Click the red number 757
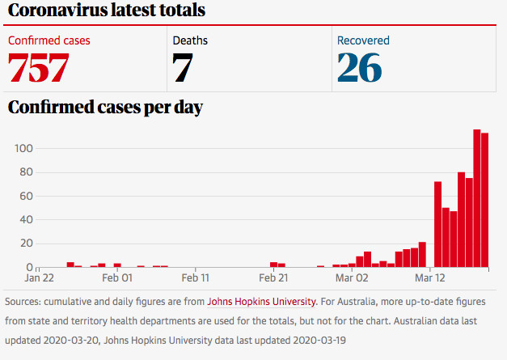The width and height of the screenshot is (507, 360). [x=39, y=68]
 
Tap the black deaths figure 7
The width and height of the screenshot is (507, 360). [x=183, y=68]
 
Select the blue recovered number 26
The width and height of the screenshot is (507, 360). [x=360, y=68]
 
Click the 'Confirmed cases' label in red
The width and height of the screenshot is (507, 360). [x=49, y=40]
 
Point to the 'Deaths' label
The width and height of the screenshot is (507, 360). [x=190, y=40]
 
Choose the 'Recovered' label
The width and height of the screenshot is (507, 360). [x=363, y=40]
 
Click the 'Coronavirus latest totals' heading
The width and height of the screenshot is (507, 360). [x=107, y=10]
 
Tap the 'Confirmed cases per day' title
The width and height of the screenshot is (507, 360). [x=105, y=108]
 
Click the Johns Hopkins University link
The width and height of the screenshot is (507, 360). [x=261, y=302]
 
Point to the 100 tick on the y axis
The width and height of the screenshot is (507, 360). [x=23, y=149]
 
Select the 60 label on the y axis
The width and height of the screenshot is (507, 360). [x=26, y=196]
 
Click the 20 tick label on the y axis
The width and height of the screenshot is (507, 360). [x=27, y=244]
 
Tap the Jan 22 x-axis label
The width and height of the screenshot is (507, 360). [x=39, y=277]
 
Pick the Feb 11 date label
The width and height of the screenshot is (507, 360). [x=196, y=277]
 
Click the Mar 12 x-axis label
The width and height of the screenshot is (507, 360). [x=430, y=277]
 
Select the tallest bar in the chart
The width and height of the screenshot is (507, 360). [x=477, y=198]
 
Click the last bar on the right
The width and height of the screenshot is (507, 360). [x=484, y=200]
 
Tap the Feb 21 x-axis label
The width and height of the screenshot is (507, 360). [x=273, y=277]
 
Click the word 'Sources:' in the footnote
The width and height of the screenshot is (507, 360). [x=23, y=302]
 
